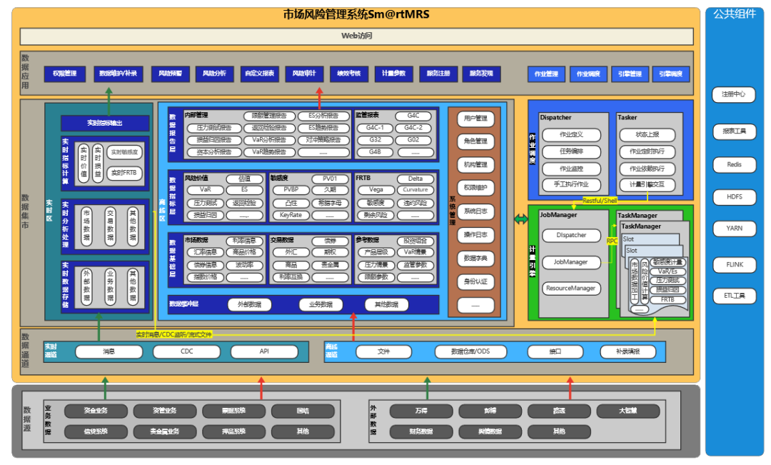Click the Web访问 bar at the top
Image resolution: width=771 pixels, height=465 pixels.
(356, 36)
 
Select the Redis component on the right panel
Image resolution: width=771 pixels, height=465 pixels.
(734, 164)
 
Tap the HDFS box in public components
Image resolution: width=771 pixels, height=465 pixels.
(734, 196)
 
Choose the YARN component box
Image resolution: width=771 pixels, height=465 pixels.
(734, 229)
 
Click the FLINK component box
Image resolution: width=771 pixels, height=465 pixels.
(734, 264)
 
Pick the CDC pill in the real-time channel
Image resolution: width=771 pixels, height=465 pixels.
(186, 351)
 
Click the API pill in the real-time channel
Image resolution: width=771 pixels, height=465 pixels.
(263, 351)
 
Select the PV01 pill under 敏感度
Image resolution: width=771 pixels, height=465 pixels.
(329, 179)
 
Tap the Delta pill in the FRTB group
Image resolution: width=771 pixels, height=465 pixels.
(415, 179)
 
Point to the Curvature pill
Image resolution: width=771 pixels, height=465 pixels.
(415, 190)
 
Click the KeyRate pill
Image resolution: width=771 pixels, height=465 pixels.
(291, 215)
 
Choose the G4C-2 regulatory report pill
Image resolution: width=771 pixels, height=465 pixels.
(413, 128)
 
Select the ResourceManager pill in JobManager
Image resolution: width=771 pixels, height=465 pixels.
(570, 289)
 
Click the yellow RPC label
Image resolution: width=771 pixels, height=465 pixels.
(612, 241)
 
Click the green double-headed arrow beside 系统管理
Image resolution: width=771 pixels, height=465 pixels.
(520, 219)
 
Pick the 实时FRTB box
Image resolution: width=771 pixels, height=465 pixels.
(124, 173)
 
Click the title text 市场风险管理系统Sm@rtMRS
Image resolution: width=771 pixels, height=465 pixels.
(356, 14)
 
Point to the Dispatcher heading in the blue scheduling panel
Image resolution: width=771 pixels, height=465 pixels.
(555, 117)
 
